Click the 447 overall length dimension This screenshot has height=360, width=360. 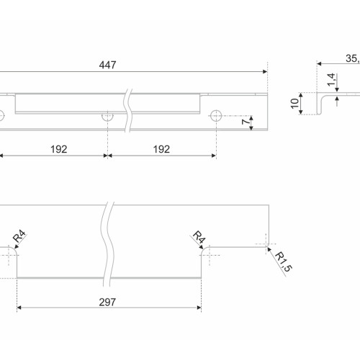coord(107,65)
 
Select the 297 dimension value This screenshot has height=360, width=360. coord(107,302)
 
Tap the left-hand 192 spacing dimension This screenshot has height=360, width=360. coord(59,150)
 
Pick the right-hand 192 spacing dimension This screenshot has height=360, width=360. coord(161,150)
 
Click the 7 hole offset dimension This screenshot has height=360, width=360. coord(246,122)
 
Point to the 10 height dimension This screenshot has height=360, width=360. coord(294,104)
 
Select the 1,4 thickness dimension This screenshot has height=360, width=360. coord(331,80)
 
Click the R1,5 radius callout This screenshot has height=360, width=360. coord(284,262)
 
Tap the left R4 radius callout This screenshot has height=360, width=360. coord(19,236)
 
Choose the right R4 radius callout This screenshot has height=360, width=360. coord(199,237)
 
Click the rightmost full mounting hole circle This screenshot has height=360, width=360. coord(216,116)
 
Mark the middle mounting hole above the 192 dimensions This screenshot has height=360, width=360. coord(107,117)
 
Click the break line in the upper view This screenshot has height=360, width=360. coord(127,110)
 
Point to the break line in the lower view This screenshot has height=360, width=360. coord(107,244)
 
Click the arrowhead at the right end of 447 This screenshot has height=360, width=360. coord(265,71)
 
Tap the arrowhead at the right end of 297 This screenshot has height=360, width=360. coord(199,307)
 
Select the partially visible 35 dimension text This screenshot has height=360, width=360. coord(353,58)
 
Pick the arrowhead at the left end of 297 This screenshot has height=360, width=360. coord(19,307)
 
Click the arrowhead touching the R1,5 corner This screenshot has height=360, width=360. coord(269,249)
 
